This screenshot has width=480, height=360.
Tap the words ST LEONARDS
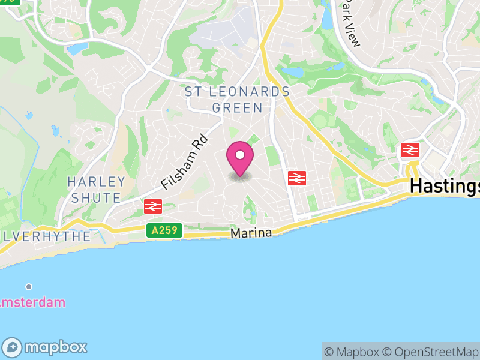tap(237, 92)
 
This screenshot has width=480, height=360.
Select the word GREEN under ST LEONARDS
tap(237, 108)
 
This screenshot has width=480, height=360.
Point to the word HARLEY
tap(96, 181)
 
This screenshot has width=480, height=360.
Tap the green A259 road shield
tap(163, 230)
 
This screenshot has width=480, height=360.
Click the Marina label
tap(251, 233)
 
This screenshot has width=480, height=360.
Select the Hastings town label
tap(445, 187)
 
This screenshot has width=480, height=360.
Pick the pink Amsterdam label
tap(32, 302)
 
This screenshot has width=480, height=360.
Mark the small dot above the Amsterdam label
tap(28, 287)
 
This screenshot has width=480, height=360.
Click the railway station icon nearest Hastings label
tap(411, 149)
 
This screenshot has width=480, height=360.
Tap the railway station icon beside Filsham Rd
tap(153, 206)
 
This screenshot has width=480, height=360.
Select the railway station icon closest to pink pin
tap(297, 178)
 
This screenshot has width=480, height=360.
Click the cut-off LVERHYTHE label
tap(45, 236)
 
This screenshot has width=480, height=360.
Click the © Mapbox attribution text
tap(352, 352)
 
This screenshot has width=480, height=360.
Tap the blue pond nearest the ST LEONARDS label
tap(292, 73)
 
